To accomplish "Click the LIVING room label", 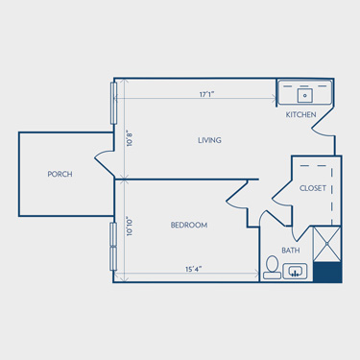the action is [209, 140].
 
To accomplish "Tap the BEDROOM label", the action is [189, 225].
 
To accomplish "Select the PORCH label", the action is [60, 174].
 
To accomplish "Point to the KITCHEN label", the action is [300, 114].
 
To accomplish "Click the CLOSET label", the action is [313, 188].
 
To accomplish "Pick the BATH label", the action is [291, 251].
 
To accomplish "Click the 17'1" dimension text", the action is [206, 94].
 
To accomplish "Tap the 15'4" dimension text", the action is [193, 269].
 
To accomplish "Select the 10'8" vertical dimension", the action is [130, 138].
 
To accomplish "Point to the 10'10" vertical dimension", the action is [130, 227].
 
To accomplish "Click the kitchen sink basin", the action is [305, 95].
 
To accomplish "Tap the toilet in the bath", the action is [273, 267].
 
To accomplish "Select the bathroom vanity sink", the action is [295, 272].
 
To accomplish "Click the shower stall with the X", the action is [326, 244].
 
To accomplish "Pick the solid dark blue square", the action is [327, 273].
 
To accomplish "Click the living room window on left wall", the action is [113, 103].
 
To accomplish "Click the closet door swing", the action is [282, 194].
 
